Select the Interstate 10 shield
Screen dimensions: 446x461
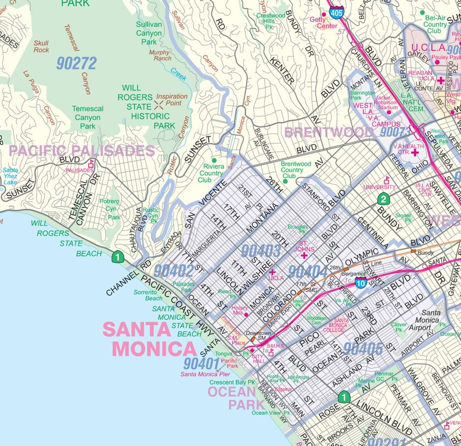point(360,283)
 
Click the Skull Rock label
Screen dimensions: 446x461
point(41,47)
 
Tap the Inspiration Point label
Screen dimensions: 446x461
point(172,100)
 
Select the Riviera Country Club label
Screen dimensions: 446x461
point(213,173)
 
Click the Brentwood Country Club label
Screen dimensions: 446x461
point(296,170)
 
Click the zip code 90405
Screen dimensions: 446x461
point(363,349)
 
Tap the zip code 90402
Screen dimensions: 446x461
point(174,270)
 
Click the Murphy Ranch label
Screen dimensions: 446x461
point(160,55)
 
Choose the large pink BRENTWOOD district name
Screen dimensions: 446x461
point(329,132)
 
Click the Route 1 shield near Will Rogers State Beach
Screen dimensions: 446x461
point(118,256)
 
